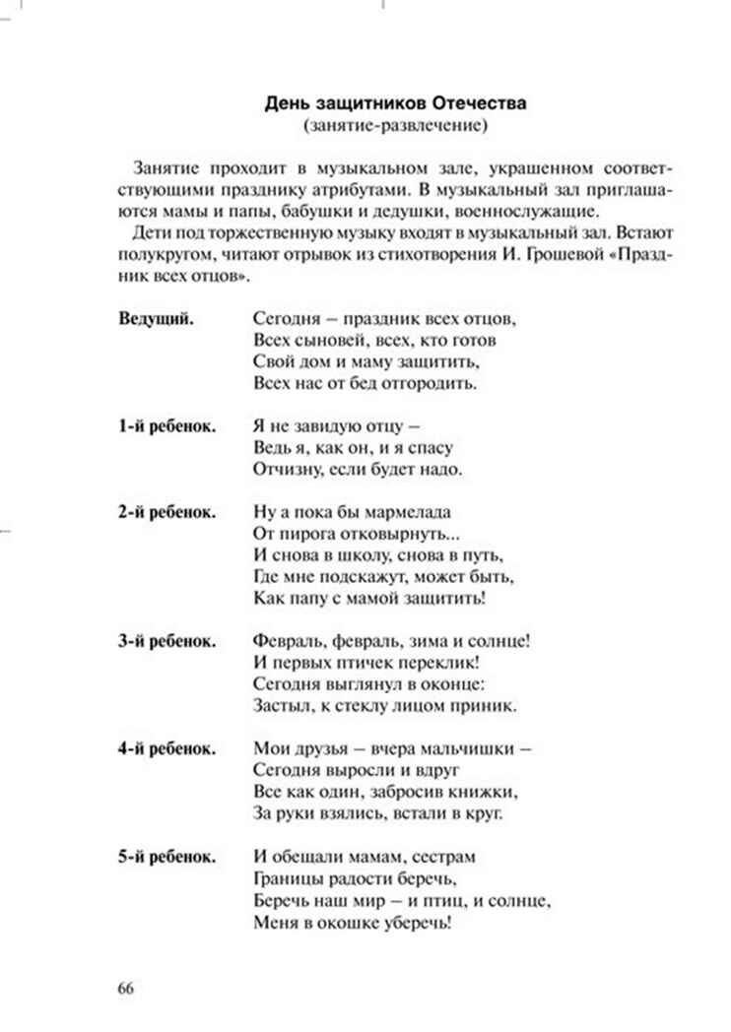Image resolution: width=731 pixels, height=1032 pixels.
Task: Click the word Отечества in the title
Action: click(x=478, y=102)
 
